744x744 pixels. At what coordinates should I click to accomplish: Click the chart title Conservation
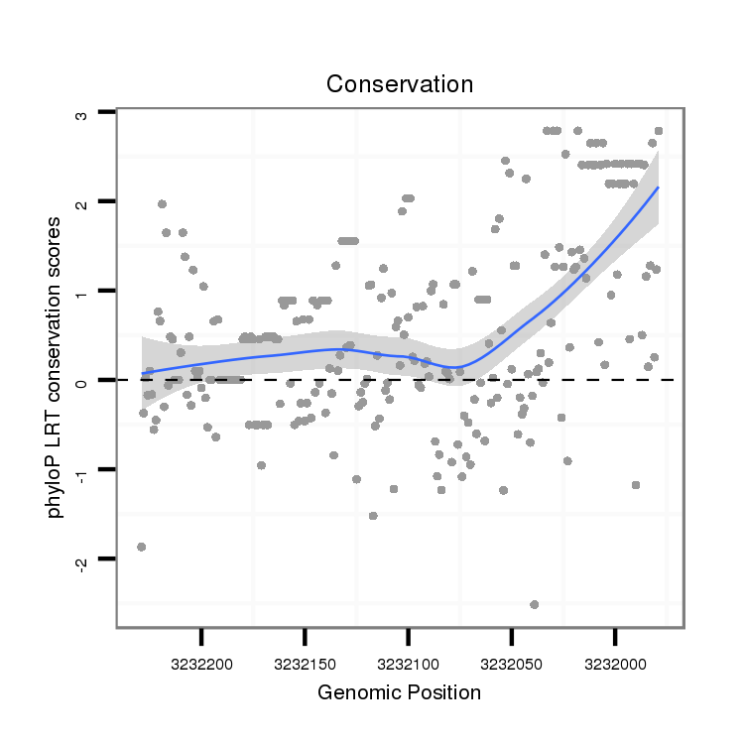[x=400, y=84]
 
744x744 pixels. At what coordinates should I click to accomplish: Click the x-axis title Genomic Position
[x=400, y=692]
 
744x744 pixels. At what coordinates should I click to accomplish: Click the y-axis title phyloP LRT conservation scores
[x=61, y=367]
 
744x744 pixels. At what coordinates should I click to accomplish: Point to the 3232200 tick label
[x=201, y=661]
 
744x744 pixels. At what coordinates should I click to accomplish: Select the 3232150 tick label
[x=305, y=661]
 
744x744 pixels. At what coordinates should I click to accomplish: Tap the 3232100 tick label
[x=408, y=661]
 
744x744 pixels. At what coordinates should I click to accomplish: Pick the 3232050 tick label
[x=512, y=661]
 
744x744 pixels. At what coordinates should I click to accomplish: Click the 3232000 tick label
[x=615, y=661]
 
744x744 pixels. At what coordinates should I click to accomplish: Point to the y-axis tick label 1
[x=82, y=292]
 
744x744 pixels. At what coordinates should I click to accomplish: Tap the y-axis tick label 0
[x=82, y=381]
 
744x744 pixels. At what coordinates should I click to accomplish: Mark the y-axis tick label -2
[x=82, y=561]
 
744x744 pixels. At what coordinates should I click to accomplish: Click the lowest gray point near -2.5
[x=535, y=604]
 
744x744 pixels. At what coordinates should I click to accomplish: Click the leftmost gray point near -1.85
[x=141, y=547]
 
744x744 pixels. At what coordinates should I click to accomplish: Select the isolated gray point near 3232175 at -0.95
[x=261, y=465]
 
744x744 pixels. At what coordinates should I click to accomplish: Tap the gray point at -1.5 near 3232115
[x=373, y=516]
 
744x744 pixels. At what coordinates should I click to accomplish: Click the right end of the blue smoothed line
[x=658, y=187]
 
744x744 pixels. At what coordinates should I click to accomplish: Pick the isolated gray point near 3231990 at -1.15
[x=636, y=485]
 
